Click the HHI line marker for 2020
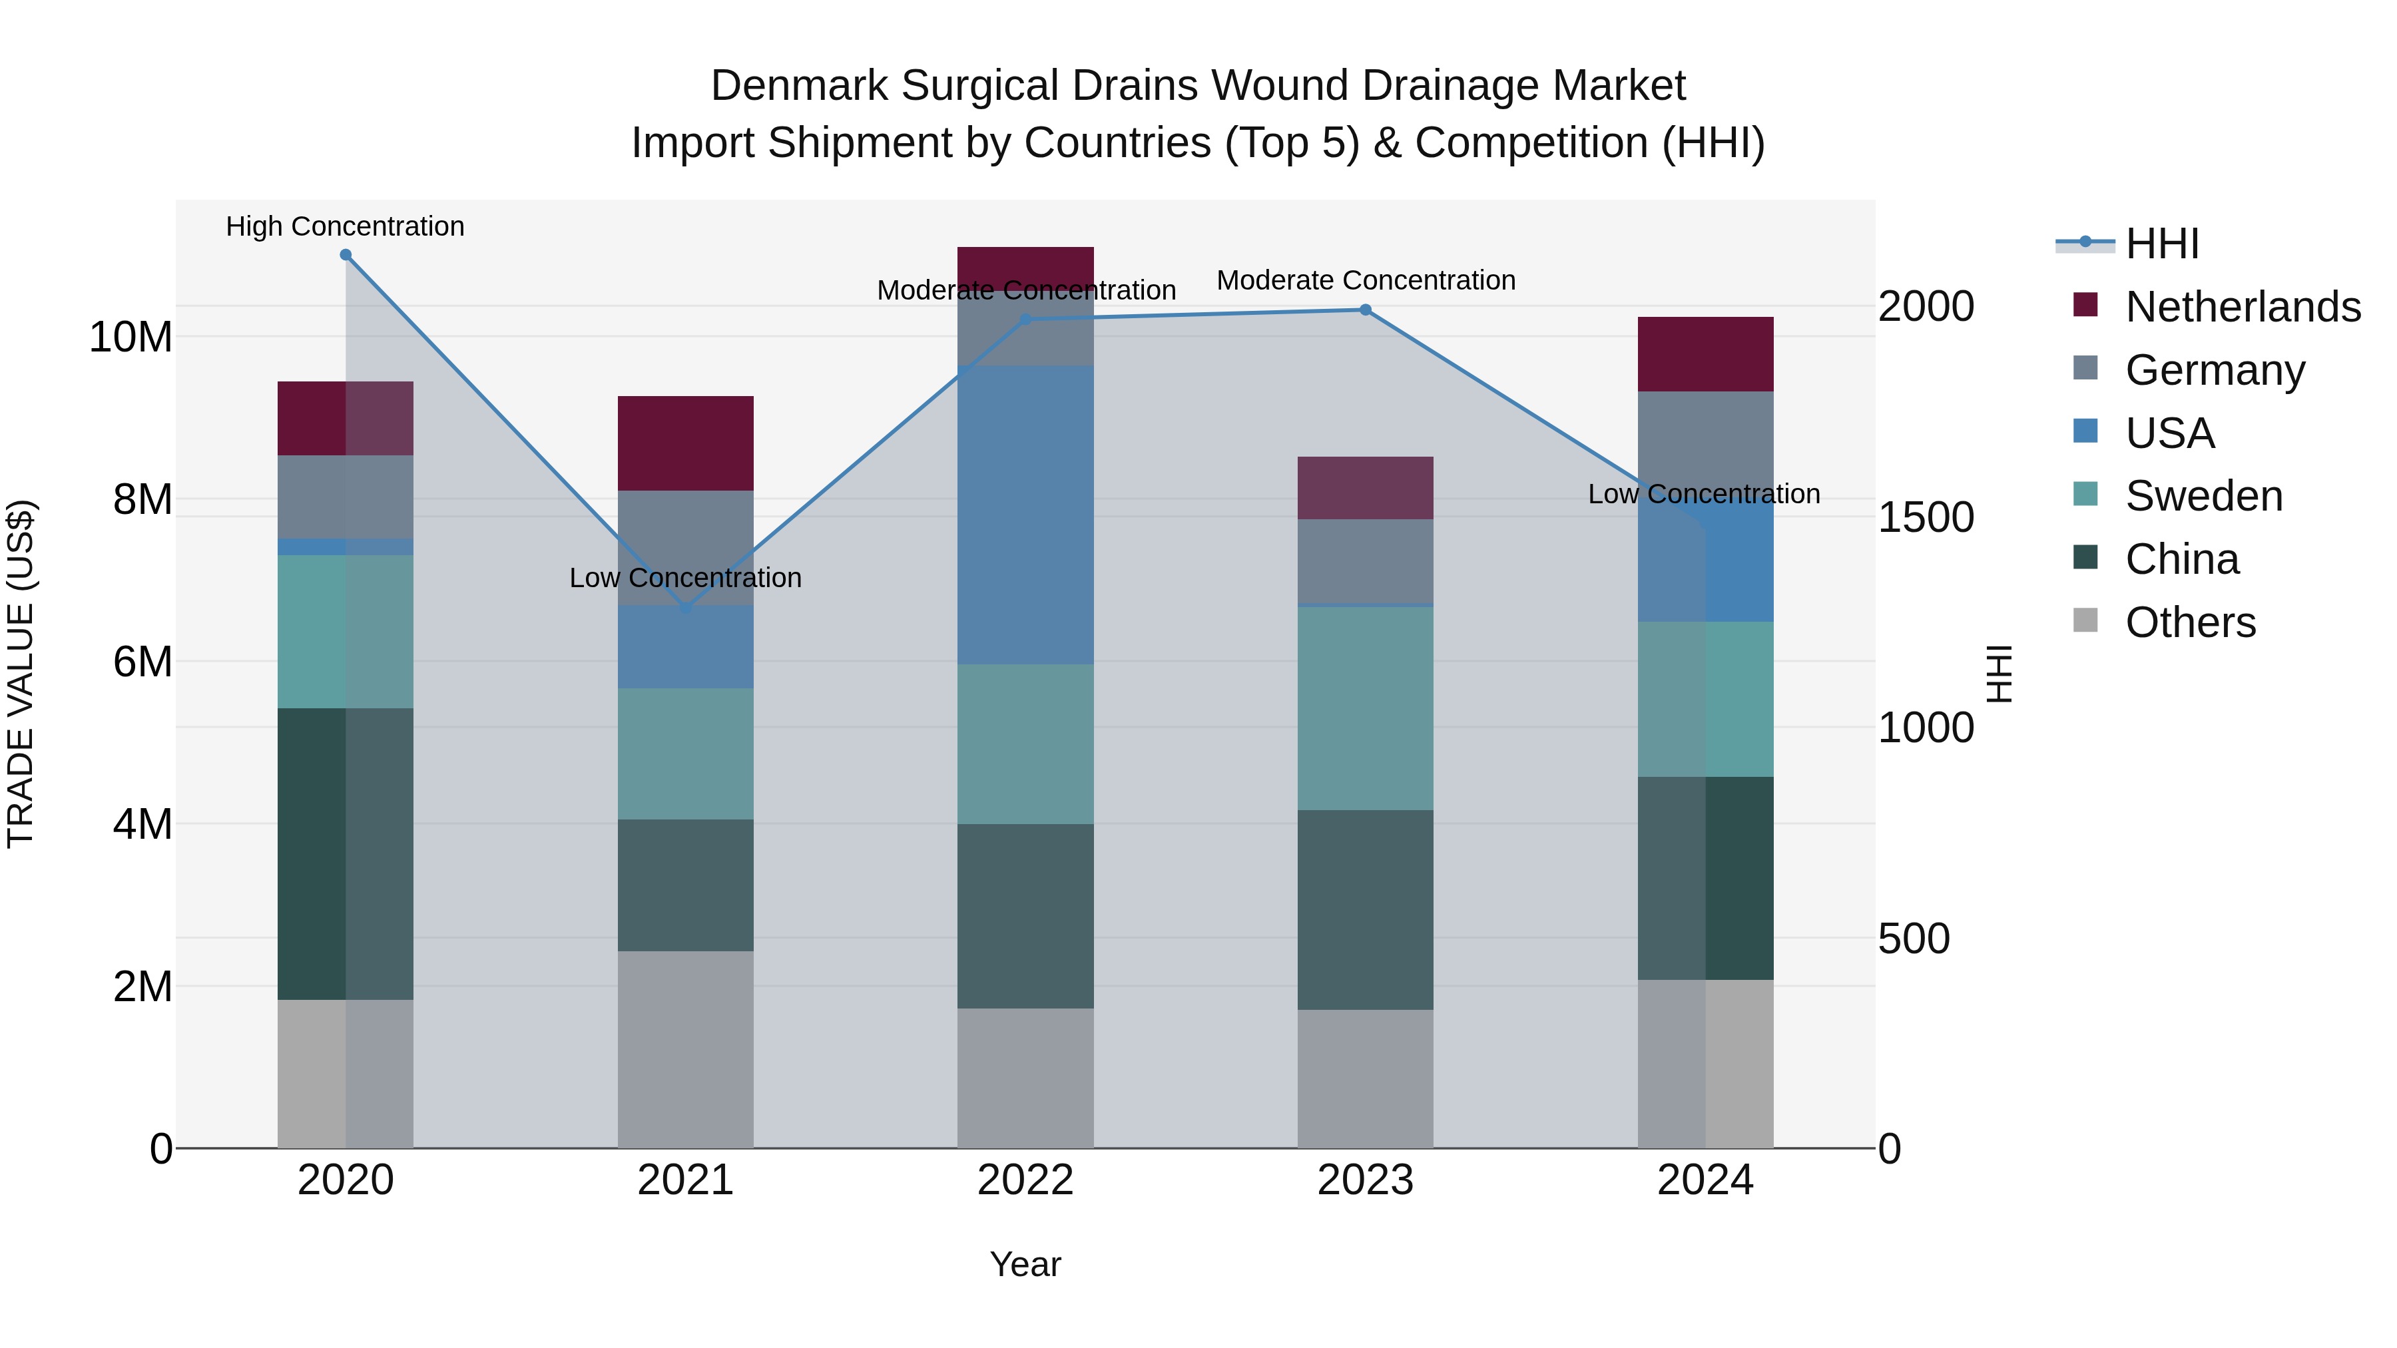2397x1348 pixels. coord(345,255)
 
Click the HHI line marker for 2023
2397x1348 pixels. coord(1365,310)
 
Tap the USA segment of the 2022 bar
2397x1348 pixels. coord(1025,515)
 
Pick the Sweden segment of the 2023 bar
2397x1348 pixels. coord(1365,708)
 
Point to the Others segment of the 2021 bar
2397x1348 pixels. coord(686,1048)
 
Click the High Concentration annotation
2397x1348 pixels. coord(345,226)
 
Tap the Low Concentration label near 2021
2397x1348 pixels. coord(686,578)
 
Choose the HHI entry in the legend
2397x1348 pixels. coord(2161,244)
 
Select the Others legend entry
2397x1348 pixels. coord(2189,622)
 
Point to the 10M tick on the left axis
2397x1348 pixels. coord(131,337)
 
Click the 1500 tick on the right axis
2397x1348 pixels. coord(1925,517)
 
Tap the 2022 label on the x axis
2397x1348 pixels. coord(1025,1180)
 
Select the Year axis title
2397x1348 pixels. coord(1025,1264)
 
